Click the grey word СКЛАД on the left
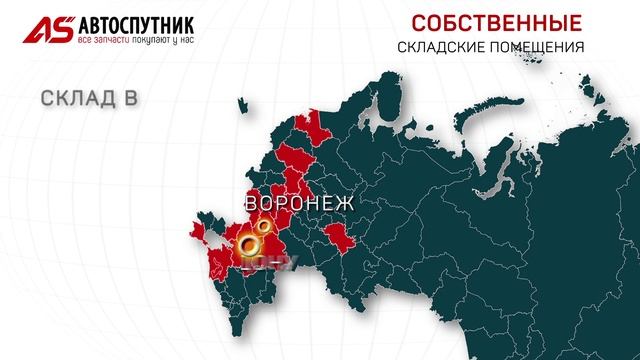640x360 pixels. (x=81, y=99)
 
